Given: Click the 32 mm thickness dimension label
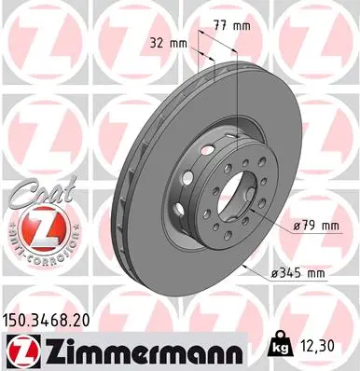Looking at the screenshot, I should (x=164, y=42).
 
